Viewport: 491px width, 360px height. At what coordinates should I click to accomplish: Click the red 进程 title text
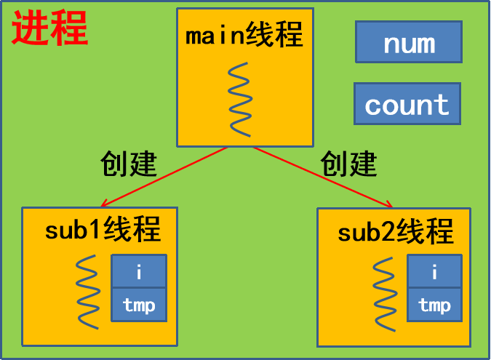point(49,30)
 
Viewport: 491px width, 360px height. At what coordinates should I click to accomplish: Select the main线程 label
point(244,35)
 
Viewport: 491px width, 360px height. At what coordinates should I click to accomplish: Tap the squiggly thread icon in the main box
point(239,99)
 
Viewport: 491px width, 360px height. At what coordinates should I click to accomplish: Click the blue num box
point(408,42)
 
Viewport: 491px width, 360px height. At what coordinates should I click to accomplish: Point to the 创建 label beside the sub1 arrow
point(129,164)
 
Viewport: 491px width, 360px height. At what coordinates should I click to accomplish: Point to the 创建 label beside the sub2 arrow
point(349,164)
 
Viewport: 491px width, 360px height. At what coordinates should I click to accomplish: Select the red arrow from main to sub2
point(324,177)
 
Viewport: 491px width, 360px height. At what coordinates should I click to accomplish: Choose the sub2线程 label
point(396,233)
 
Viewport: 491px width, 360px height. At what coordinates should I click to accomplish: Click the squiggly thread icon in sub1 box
point(87,292)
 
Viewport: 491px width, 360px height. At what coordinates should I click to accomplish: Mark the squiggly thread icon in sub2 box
point(384,292)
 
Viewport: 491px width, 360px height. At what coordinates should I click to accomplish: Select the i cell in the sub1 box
point(139,271)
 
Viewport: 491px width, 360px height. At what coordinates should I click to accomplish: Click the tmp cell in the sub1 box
point(139,304)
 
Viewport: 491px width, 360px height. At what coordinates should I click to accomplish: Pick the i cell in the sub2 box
point(434,271)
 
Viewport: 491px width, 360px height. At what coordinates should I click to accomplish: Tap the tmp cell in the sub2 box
point(434,304)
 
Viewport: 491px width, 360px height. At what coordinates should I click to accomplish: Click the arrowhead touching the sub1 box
point(106,204)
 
